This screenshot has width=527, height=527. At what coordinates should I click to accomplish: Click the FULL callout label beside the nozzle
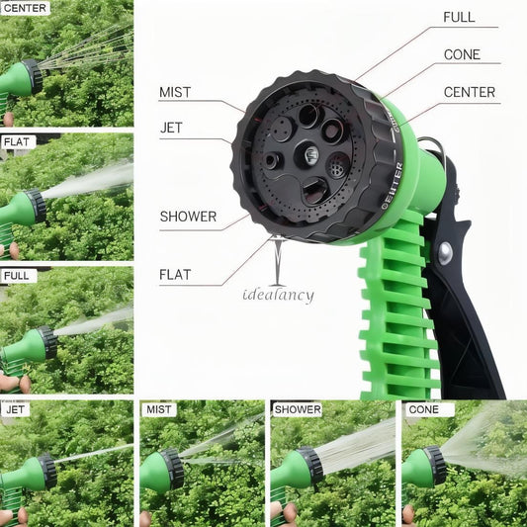point(459,17)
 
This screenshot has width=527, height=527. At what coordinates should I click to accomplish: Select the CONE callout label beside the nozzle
point(462,54)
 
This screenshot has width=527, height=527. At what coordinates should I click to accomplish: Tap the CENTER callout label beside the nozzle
point(470,93)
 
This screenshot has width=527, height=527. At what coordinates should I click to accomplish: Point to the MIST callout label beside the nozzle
point(175,93)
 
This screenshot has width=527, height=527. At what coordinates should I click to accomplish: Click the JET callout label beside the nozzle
point(171,128)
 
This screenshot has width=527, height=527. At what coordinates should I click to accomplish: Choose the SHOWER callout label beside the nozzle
point(187,217)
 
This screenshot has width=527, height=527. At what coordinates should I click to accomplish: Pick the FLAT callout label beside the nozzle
point(175,274)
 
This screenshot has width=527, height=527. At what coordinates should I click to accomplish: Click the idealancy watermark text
point(278,295)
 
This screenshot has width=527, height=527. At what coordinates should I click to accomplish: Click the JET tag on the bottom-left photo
point(16,408)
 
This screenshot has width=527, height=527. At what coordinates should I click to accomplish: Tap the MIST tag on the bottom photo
point(158,408)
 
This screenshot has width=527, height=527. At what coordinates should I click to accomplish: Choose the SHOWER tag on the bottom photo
point(298,408)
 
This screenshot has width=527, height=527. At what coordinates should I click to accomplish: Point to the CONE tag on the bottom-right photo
point(423,408)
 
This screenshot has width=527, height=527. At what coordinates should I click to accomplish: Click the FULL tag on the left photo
point(17,276)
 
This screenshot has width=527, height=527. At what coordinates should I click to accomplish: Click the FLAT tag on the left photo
point(17,142)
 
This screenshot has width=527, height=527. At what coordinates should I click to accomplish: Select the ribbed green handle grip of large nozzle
point(395,316)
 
